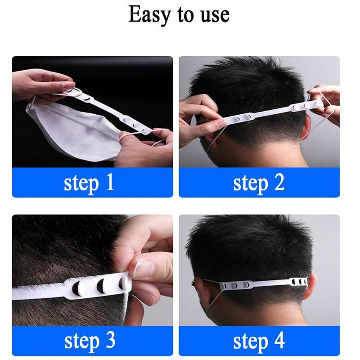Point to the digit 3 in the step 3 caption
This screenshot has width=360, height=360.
109,341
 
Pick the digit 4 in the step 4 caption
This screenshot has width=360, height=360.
279,341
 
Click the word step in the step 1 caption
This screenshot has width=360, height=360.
81,184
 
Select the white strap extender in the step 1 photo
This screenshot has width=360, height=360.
108,110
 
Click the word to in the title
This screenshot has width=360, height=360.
185,16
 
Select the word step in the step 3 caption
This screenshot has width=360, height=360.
81,342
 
